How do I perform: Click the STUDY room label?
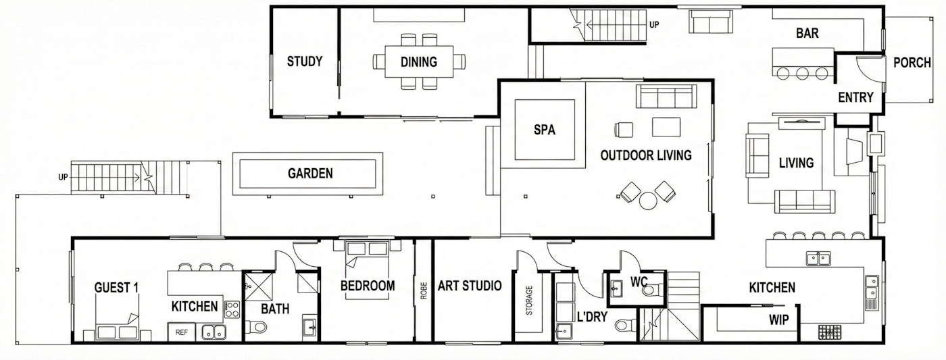click(305, 61)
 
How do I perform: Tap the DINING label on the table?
click(418, 62)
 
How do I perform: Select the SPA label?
click(545, 130)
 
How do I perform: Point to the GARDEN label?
click(310, 174)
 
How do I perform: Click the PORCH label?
click(912, 63)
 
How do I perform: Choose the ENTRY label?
click(855, 97)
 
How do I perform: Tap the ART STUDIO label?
click(469, 286)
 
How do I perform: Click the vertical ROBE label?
click(424, 291)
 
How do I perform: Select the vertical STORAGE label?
click(528, 301)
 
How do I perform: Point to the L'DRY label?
click(592, 316)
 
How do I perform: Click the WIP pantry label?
click(778, 320)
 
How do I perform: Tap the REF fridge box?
click(182, 332)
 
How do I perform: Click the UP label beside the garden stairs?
click(63, 177)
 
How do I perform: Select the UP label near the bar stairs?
click(654, 25)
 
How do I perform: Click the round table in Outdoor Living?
click(647, 201)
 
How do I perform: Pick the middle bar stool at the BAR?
click(803, 74)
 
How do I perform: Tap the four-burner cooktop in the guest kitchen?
click(232, 309)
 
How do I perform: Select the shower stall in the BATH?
click(258, 287)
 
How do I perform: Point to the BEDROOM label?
click(368, 286)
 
